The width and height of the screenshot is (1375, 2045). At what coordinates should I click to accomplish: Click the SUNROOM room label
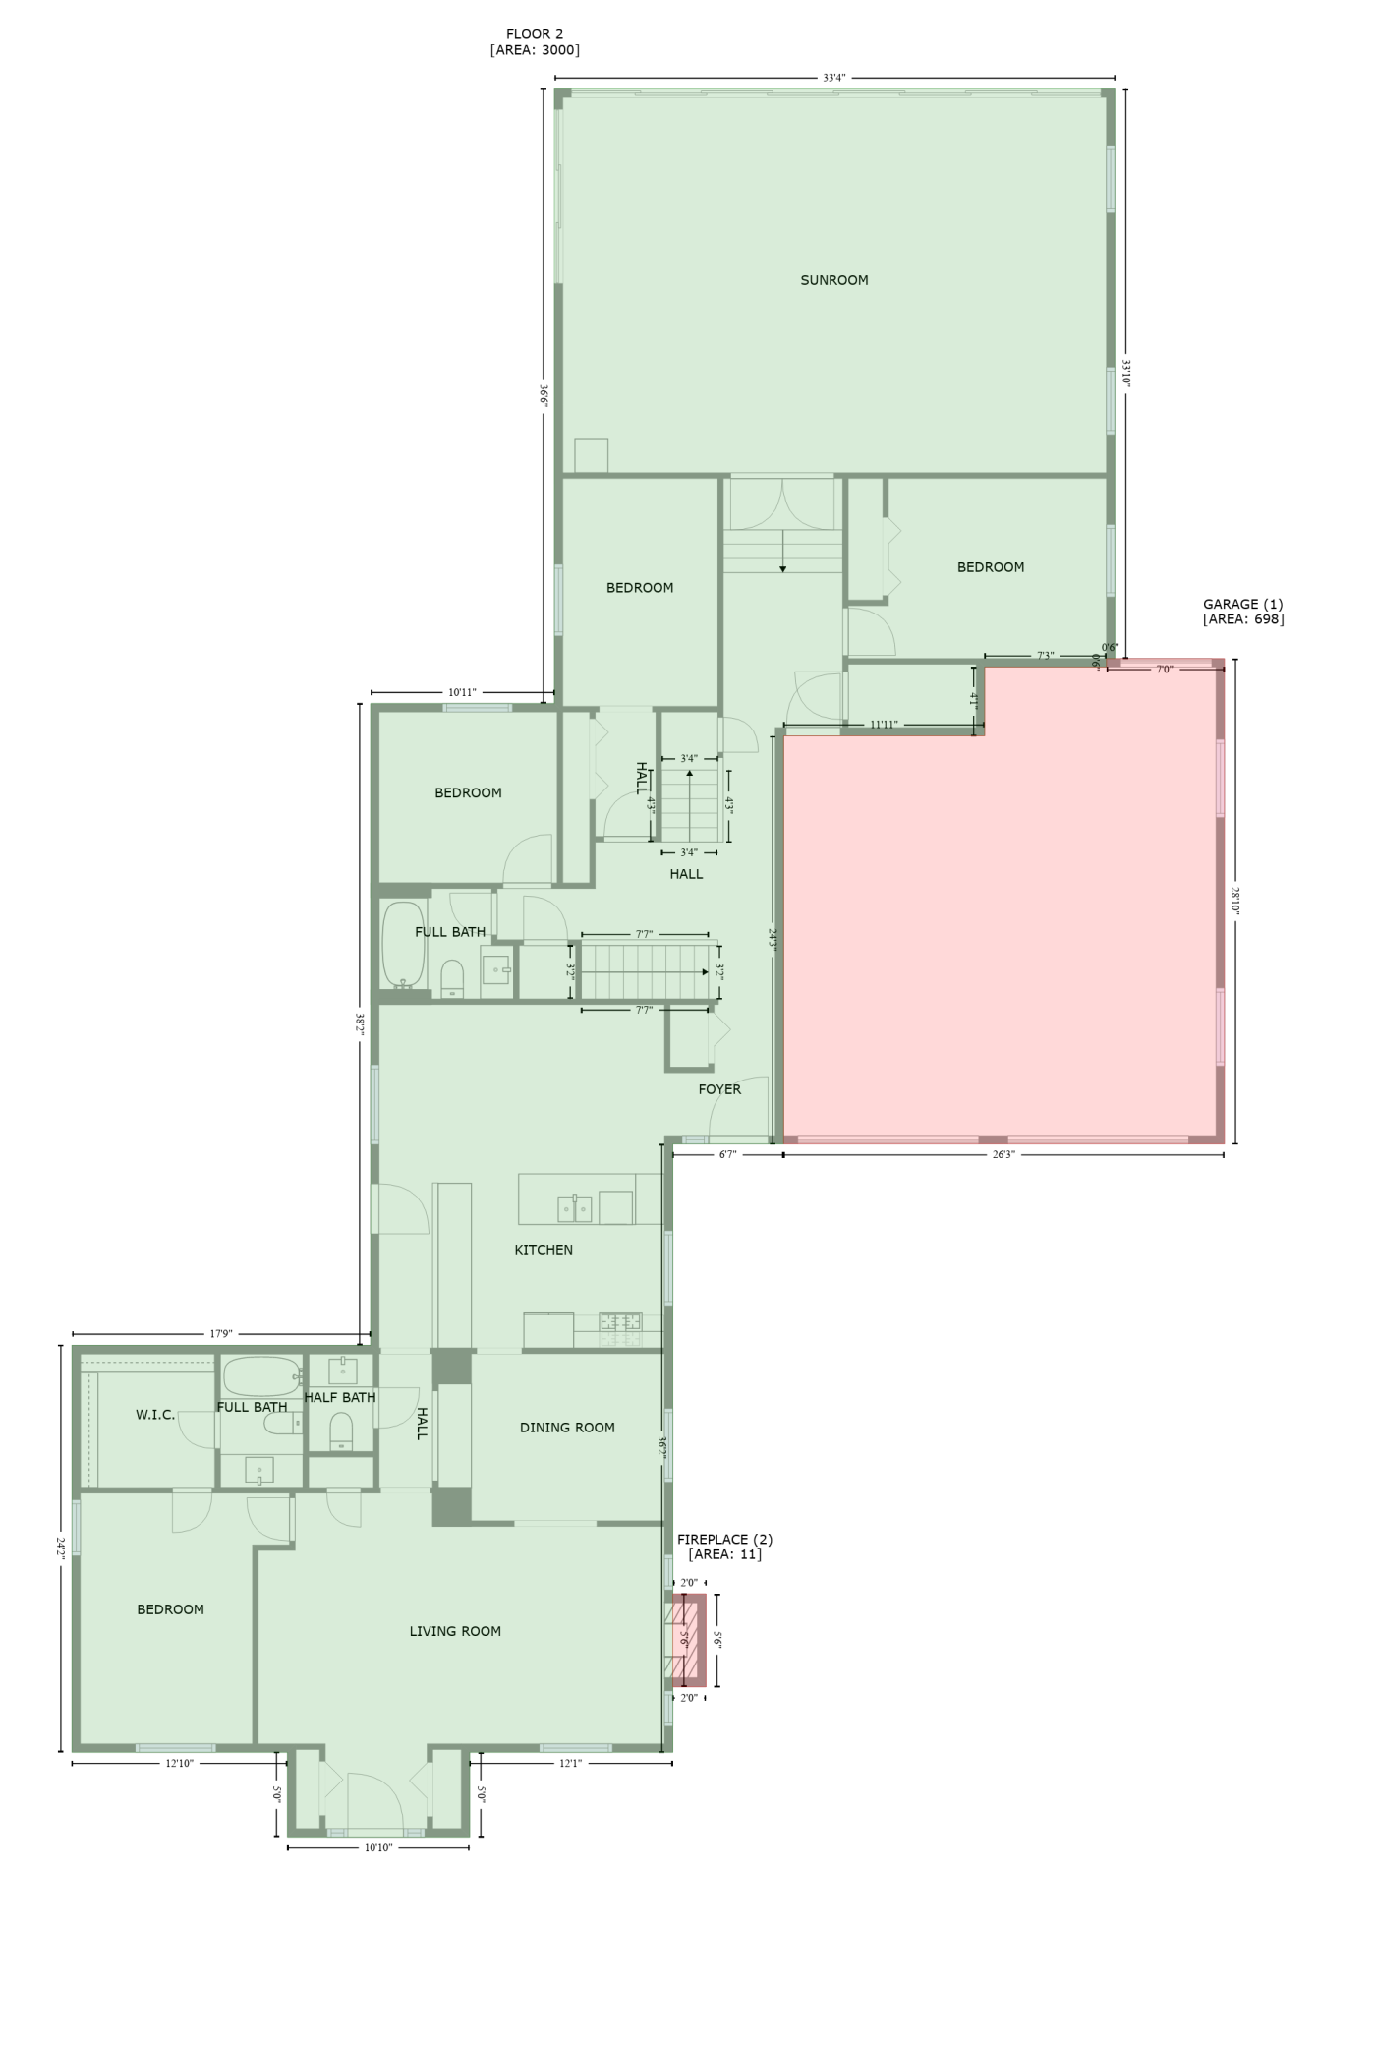(833, 280)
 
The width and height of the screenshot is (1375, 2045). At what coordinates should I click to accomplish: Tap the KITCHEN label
(544, 1250)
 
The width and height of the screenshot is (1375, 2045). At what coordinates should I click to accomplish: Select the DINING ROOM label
(567, 1428)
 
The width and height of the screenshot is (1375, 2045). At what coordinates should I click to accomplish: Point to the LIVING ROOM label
(455, 1631)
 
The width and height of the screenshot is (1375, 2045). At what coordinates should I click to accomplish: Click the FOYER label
(719, 1089)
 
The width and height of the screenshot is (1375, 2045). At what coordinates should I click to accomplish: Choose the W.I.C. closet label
(155, 1415)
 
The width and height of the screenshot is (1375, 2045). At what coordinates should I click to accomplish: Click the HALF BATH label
(340, 1397)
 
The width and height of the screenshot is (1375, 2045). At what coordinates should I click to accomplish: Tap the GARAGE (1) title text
(1242, 604)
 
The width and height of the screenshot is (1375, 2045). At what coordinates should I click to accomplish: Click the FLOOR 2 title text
(535, 34)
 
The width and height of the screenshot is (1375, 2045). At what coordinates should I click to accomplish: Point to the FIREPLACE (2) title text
(724, 1539)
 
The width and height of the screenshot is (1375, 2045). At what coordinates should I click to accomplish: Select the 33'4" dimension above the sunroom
(834, 78)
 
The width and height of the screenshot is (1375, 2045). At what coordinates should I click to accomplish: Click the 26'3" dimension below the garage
(1003, 1154)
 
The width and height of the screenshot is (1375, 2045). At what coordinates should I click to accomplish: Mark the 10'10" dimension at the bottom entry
(378, 1847)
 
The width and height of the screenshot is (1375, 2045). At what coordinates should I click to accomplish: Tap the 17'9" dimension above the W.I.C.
(220, 1333)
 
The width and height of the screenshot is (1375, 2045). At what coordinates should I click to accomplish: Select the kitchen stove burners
(621, 1329)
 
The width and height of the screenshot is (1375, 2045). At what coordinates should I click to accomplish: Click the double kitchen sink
(575, 1208)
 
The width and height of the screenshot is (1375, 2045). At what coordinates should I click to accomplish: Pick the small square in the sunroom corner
(592, 455)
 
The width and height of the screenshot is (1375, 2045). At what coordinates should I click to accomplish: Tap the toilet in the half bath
(341, 1431)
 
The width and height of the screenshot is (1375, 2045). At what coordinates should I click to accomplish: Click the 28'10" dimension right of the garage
(1235, 900)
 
